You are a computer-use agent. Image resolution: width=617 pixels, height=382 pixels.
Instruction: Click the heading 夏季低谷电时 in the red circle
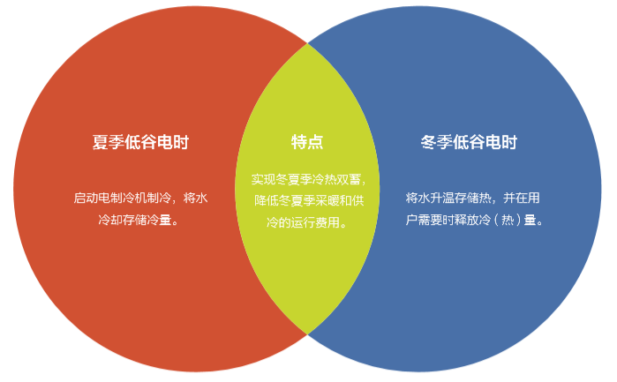pyautogui.click(x=140, y=142)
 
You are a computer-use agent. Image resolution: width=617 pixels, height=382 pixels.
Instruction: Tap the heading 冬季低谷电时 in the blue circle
pyautogui.click(x=469, y=142)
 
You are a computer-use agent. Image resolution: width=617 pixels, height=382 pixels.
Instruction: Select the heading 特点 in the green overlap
pyautogui.click(x=307, y=142)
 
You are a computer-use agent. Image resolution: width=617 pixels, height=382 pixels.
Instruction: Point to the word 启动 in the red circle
pyautogui.click(x=86, y=198)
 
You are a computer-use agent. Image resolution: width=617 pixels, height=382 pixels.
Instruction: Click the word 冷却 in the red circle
pyautogui.click(x=110, y=220)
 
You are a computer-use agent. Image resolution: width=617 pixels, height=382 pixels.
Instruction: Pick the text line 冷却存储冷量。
pyautogui.click(x=139, y=220)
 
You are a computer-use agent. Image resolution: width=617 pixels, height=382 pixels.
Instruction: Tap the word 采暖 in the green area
pyautogui.click(x=327, y=200)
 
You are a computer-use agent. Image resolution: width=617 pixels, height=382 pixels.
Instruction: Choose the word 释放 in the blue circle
pyautogui.click(x=466, y=220)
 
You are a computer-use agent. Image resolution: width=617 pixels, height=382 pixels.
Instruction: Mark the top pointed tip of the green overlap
pyautogui.click(x=307, y=43)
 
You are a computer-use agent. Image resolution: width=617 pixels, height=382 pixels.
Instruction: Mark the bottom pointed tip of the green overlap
pyautogui.click(x=307, y=334)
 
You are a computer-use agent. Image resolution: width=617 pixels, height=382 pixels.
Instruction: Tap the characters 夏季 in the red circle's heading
pyautogui.click(x=109, y=142)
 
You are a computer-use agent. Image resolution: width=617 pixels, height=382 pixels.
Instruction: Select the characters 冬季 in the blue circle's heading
pyautogui.click(x=436, y=142)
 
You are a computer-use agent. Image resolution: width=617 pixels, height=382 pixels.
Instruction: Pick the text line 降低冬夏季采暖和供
pyautogui.click(x=309, y=200)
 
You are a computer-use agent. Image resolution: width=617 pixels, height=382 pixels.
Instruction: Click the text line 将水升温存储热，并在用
pyautogui.click(x=472, y=198)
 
